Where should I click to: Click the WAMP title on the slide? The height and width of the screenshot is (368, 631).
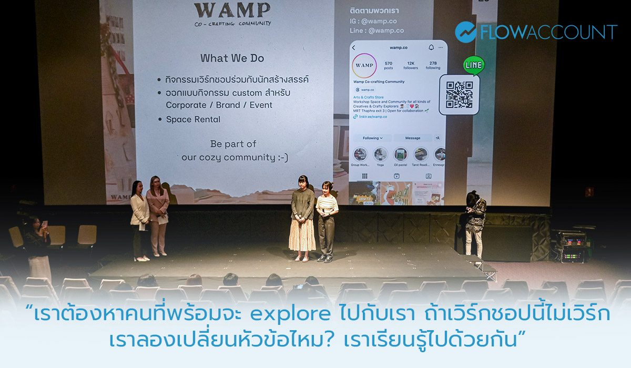coord(232,11)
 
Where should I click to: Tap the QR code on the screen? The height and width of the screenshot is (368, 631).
coord(459,95)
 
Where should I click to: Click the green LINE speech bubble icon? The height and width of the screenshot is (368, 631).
coord(473,65)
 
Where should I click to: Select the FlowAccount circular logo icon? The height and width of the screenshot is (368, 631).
coord(465,32)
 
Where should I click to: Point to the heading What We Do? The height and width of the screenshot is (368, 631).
coord(232,58)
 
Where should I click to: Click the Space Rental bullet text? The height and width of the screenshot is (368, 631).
coord(193,119)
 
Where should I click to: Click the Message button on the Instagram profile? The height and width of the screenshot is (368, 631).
coord(413,138)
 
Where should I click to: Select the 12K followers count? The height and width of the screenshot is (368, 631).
coord(410,65)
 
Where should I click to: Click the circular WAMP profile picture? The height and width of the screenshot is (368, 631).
coord(364,66)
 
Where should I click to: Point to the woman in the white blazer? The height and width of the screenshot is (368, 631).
coord(139,218)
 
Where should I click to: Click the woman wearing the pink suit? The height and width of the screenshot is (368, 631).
coord(157,216)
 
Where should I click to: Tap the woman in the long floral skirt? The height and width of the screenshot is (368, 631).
coord(302,218)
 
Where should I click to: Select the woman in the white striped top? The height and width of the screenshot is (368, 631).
coord(327,221)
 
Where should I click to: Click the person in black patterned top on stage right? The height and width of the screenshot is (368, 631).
coord(474,221)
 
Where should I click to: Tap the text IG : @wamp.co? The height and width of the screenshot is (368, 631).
coord(373,21)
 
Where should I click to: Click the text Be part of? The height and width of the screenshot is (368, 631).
coord(233,144)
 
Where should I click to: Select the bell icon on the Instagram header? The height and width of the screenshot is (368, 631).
coord(431,47)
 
